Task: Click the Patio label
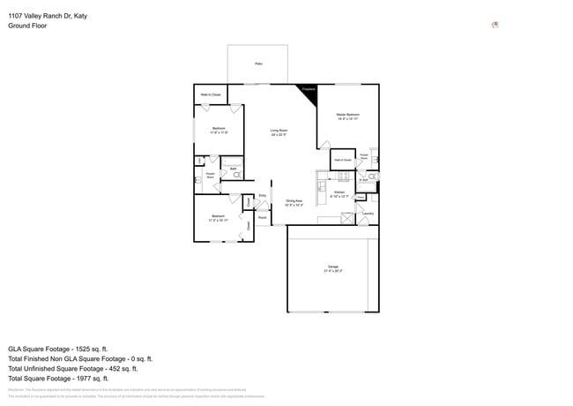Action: (258, 64)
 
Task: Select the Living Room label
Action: (279, 132)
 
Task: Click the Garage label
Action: (333, 268)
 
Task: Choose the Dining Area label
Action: (293, 203)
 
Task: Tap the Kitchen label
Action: (339, 193)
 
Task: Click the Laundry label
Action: (368, 213)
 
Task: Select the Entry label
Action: (263, 196)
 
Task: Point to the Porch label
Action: (263, 216)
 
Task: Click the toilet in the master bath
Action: (373, 175)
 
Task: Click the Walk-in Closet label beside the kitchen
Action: (341, 161)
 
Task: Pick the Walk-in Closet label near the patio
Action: (210, 94)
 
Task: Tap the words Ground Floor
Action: (27, 26)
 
